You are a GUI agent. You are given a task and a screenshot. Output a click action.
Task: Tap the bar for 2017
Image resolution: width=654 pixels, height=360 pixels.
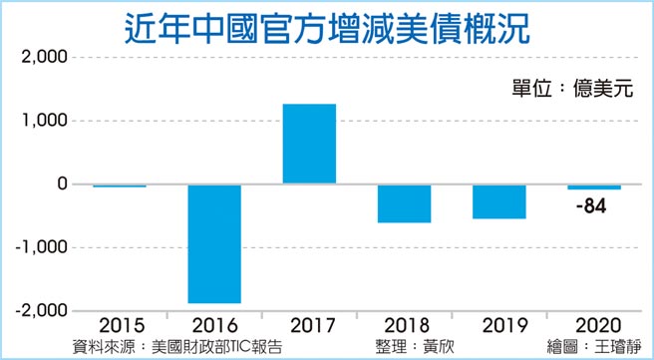pyautogui.click(x=309, y=144)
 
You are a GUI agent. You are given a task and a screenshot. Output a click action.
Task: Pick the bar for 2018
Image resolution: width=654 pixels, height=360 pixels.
pyautogui.click(x=404, y=203)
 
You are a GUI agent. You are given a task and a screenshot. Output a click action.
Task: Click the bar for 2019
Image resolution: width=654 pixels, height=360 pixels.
pyautogui.click(x=498, y=201)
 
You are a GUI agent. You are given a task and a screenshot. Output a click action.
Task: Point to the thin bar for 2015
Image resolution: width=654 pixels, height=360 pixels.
pyautogui.click(x=120, y=185)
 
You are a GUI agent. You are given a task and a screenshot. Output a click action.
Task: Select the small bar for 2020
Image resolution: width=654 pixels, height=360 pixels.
pyautogui.click(x=594, y=186)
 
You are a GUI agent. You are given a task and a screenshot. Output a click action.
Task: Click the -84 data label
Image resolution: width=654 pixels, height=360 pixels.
pyautogui.click(x=590, y=206)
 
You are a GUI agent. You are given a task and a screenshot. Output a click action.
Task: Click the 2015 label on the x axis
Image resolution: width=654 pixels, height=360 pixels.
pyautogui.click(x=120, y=327)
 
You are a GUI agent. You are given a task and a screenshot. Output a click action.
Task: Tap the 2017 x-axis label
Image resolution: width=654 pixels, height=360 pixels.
pyautogui.click(x=309, y=327)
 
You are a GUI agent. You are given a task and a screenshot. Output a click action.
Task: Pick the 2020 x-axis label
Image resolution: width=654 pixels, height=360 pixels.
pyautogui.click(x=594, y=327)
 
